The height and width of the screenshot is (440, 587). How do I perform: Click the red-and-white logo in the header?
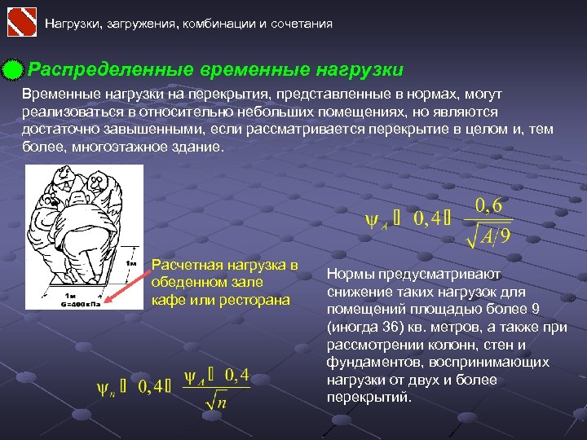tap(22, 21)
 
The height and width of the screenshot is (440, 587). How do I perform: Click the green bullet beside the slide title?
tap(12, 71)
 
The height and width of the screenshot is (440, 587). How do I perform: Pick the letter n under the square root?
tap(221, 402)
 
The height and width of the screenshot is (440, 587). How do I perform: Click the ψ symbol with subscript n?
tap(105, 387)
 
